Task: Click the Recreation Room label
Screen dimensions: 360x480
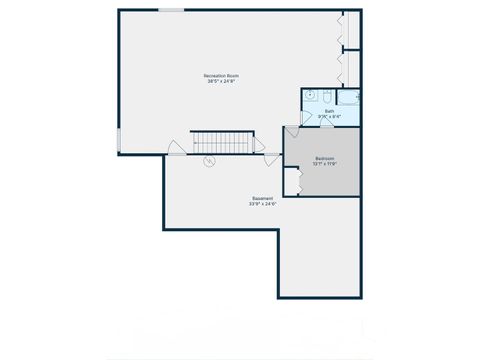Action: pos(220,75)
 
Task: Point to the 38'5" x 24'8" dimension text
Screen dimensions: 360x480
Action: pos(220,82)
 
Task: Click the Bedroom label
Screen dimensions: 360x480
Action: pos(325,159)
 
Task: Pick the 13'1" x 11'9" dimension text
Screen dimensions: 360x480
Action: pos(325,165)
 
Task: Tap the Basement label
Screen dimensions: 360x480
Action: pos(262,199)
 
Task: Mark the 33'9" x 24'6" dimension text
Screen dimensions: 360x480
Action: pos(262,205)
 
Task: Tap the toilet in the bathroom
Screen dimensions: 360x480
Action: pos(329,97)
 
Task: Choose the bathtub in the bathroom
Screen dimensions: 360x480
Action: pos(349,97)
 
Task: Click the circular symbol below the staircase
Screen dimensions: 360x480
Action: pos(210,162)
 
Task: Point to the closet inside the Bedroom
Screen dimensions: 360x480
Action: pos(292,181)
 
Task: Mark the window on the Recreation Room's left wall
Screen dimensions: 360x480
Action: pos(118,141)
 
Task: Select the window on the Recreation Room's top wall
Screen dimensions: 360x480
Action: pos(171,10)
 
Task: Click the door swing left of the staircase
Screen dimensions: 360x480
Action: pos(176,148)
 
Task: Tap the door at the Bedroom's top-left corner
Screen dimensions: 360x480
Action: pos(292,133)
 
